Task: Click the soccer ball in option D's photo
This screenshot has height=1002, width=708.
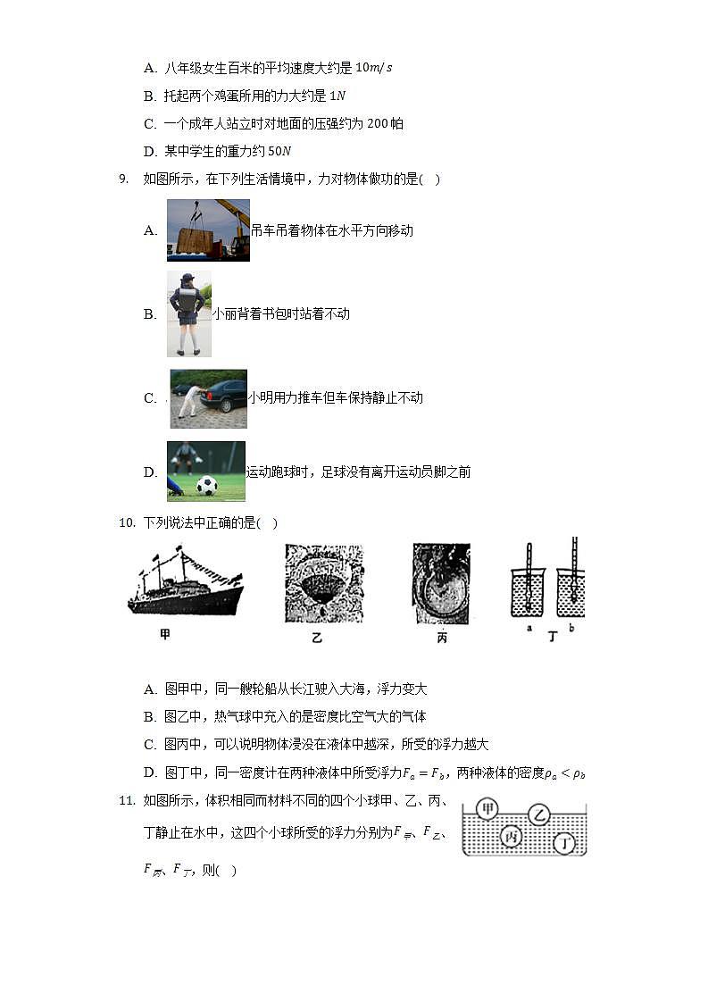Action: click(x=206, y=486)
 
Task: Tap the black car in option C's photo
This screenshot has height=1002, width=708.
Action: click(x=223, y=395)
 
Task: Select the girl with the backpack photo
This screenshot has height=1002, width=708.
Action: click(x=188, y=313)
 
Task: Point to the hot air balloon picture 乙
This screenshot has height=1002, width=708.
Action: click(x=324, y=583)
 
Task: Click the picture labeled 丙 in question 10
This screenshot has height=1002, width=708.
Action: click(x=441, y=583)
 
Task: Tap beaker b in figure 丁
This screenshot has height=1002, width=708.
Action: click(x=571, y=589)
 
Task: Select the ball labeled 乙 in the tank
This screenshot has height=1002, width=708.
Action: click(x=538, y=814)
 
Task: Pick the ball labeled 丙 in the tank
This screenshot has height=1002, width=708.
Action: click(x=511, y=837)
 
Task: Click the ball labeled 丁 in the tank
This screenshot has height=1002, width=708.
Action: click(x=564, y=842)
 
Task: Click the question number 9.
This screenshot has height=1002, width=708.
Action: click(x=123, y=179)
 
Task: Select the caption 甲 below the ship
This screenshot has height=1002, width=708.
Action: click(x=165, y=635)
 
